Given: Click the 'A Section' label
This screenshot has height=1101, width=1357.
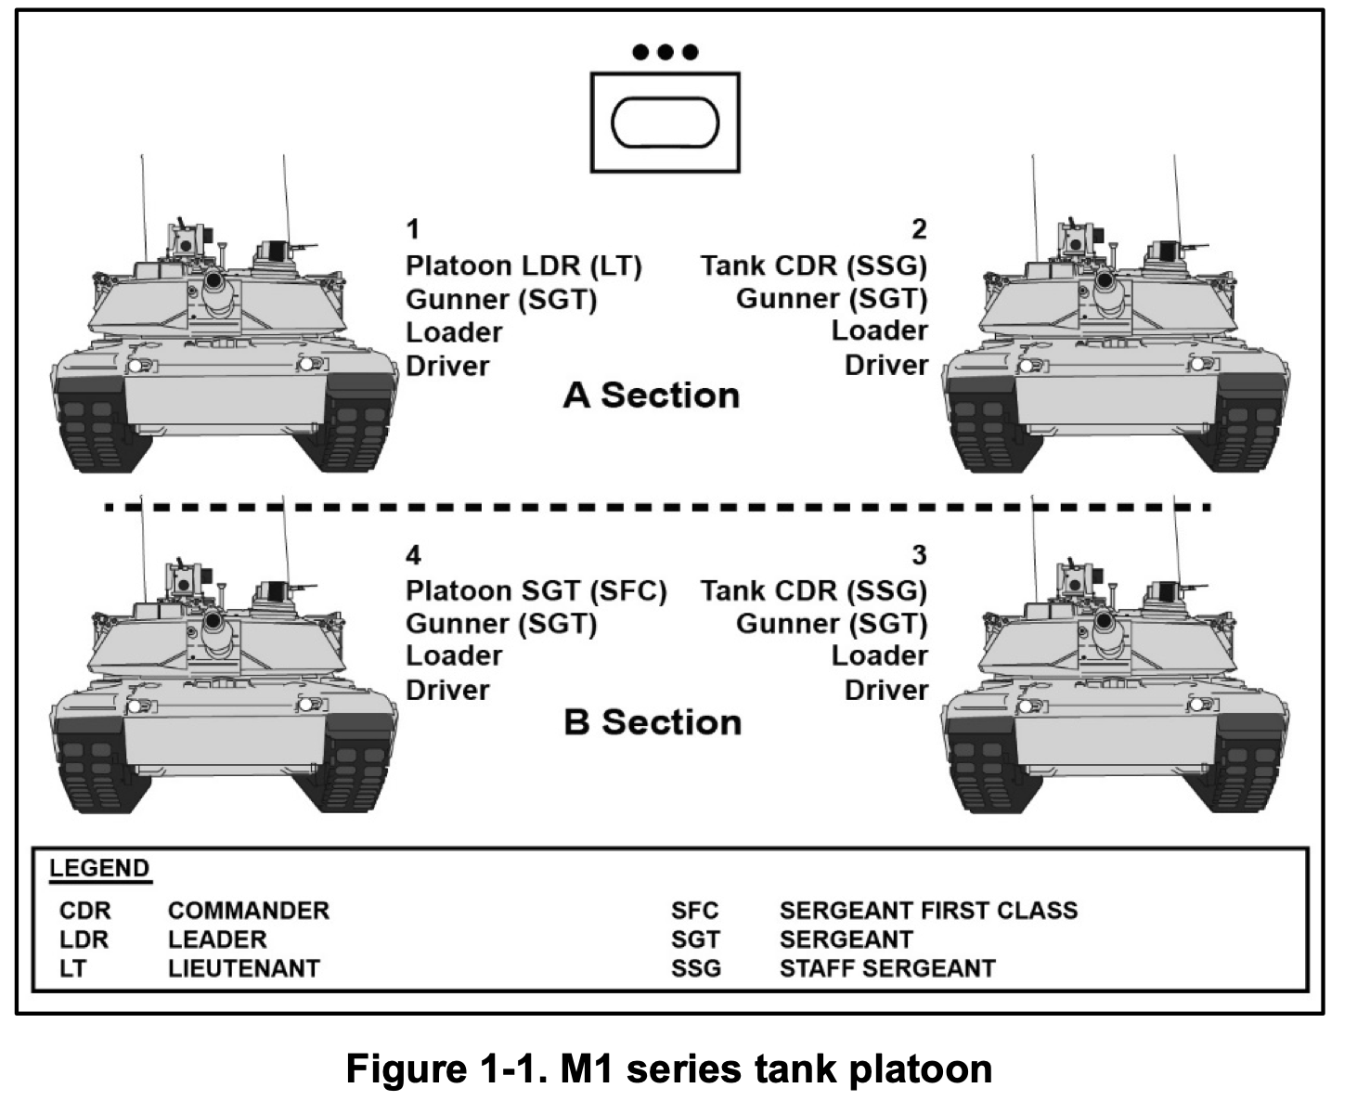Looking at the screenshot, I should (651, 395).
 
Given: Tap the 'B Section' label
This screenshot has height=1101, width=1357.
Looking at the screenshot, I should (653, 722).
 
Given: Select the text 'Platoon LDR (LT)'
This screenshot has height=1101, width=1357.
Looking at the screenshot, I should (523, 266).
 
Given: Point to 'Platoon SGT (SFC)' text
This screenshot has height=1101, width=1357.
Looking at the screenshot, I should (536, 591).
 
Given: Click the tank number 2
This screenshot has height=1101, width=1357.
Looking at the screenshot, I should (919, 229).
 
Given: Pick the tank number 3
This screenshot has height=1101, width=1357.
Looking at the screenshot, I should (919, 555).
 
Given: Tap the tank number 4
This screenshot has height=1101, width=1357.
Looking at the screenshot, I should (414, 555).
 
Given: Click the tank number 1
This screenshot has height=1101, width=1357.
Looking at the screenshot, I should (414, 229).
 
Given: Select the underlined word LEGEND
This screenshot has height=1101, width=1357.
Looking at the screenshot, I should (99, 869).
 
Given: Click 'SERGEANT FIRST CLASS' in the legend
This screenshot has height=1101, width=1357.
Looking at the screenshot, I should (928, 910).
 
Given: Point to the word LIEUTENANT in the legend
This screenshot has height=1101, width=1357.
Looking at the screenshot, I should (243, 968).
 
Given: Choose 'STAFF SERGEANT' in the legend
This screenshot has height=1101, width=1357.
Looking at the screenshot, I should (887, 968).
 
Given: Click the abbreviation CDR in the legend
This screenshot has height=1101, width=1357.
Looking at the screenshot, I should (84, 910).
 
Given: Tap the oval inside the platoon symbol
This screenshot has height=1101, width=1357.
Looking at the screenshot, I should (666, 123).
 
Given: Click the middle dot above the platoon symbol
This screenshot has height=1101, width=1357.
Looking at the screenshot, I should (666, 52).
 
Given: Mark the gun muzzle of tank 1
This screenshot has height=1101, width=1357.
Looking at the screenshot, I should (213, 278).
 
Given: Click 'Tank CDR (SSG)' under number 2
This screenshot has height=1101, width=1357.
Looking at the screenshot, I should (814, 266).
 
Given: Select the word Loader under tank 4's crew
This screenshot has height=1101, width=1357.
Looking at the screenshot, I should (454, 656).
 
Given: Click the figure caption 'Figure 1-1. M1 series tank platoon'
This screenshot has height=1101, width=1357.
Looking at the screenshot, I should (669, 1069).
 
